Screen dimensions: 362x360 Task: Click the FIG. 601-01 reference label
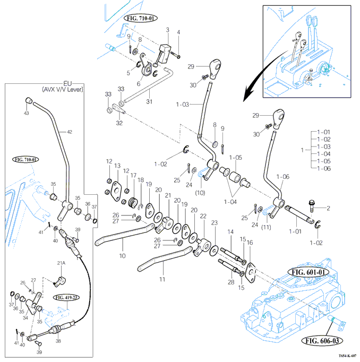tap(308, 272)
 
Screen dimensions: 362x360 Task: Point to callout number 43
tap(27, 113)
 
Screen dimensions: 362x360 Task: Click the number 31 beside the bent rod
tap(149, 101)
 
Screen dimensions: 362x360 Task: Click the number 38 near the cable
tap(58, 341)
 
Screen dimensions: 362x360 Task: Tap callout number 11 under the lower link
tap(162, 279)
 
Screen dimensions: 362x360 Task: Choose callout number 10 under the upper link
tap(122, 255)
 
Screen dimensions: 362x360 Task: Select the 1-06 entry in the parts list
tap(323, 168)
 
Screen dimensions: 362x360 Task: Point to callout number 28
tap(231, 282)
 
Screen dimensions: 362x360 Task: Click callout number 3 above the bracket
tap(167, 30)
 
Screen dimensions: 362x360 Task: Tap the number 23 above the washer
tap(215, 223)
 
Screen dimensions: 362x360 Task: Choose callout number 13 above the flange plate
tap(118, 166)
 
